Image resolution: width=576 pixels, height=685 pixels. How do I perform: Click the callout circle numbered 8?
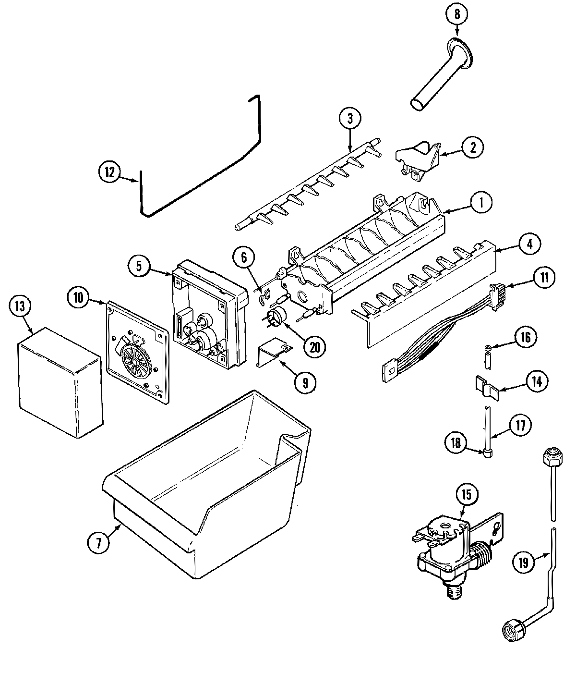point(456,14)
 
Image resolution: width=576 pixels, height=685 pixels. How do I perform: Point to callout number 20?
point(314,347)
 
